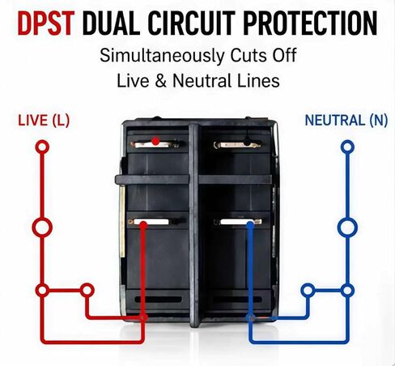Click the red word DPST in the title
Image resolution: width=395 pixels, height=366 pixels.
point(46,23)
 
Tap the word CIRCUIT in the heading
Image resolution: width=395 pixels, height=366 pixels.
point(191,23)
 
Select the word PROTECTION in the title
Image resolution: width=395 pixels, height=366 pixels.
point(310,23)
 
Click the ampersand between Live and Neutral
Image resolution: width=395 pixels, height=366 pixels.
point(161,81)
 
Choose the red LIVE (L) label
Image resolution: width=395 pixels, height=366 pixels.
point(44,120)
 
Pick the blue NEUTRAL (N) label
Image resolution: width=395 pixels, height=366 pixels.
point(346,120)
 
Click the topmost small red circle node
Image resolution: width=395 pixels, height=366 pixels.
point(42,147)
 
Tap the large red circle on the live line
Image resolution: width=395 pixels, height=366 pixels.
point(42,228)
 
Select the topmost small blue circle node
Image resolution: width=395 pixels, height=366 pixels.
point(347,147)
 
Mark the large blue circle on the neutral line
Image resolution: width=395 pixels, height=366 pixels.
point(347,228)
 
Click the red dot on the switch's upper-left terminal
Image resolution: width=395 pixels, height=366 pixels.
point(155,141)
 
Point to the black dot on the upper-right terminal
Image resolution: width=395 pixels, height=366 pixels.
point(247,141)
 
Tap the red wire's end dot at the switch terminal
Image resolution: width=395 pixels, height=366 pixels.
point(143,224)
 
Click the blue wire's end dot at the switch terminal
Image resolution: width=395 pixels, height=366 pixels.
point(250,224)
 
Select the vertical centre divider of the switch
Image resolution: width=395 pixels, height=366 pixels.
point(193,225)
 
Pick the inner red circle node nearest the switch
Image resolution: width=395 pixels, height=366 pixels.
point(87,291)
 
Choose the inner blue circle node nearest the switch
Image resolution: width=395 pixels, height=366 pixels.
point(308,291)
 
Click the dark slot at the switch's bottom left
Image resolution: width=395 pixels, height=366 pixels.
point(158,300)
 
